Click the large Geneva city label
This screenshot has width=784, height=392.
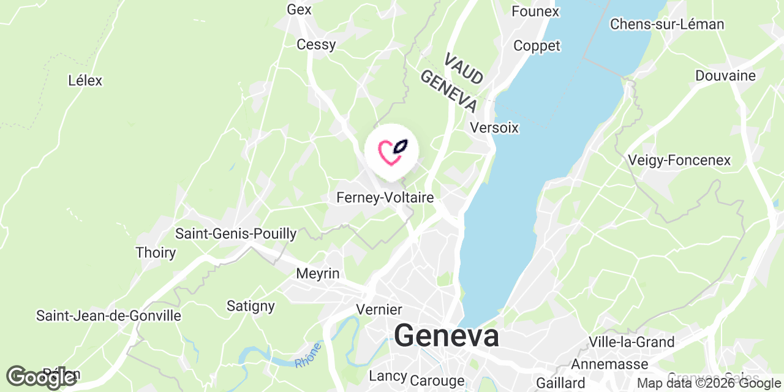[x=446, y=336]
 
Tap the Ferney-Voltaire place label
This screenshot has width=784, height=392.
[x=385, y=198]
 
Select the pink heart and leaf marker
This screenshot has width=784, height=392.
[x=391, y=151]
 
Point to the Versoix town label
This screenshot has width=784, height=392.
[x=494, y=128]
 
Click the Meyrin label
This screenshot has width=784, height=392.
[x=317, y=273]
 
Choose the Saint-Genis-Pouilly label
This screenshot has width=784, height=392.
[x=236, y=233]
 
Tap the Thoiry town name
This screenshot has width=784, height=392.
[x=156, y=252]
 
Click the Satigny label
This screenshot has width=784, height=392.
[x=251, y=305]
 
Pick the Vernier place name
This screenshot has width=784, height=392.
[x=379, y=309]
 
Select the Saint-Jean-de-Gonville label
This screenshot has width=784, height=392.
[x=109, y=315]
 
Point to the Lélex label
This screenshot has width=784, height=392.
[x=85, y=80]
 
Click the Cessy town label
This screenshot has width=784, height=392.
[x=316, y=44]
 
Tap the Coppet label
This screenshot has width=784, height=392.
[x=537, y=46]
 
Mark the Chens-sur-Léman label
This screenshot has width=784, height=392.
[x=667, y=24]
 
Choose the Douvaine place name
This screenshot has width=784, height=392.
[x=725, y=75]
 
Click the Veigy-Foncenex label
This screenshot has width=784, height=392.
[x=679, y=160]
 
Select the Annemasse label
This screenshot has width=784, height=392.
[x=609, y=364]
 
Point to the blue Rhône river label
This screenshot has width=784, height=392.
[x=308, y=355]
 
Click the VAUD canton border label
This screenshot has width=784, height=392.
[x=464, y=69]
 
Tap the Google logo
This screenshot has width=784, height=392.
[x=42, y=377]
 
